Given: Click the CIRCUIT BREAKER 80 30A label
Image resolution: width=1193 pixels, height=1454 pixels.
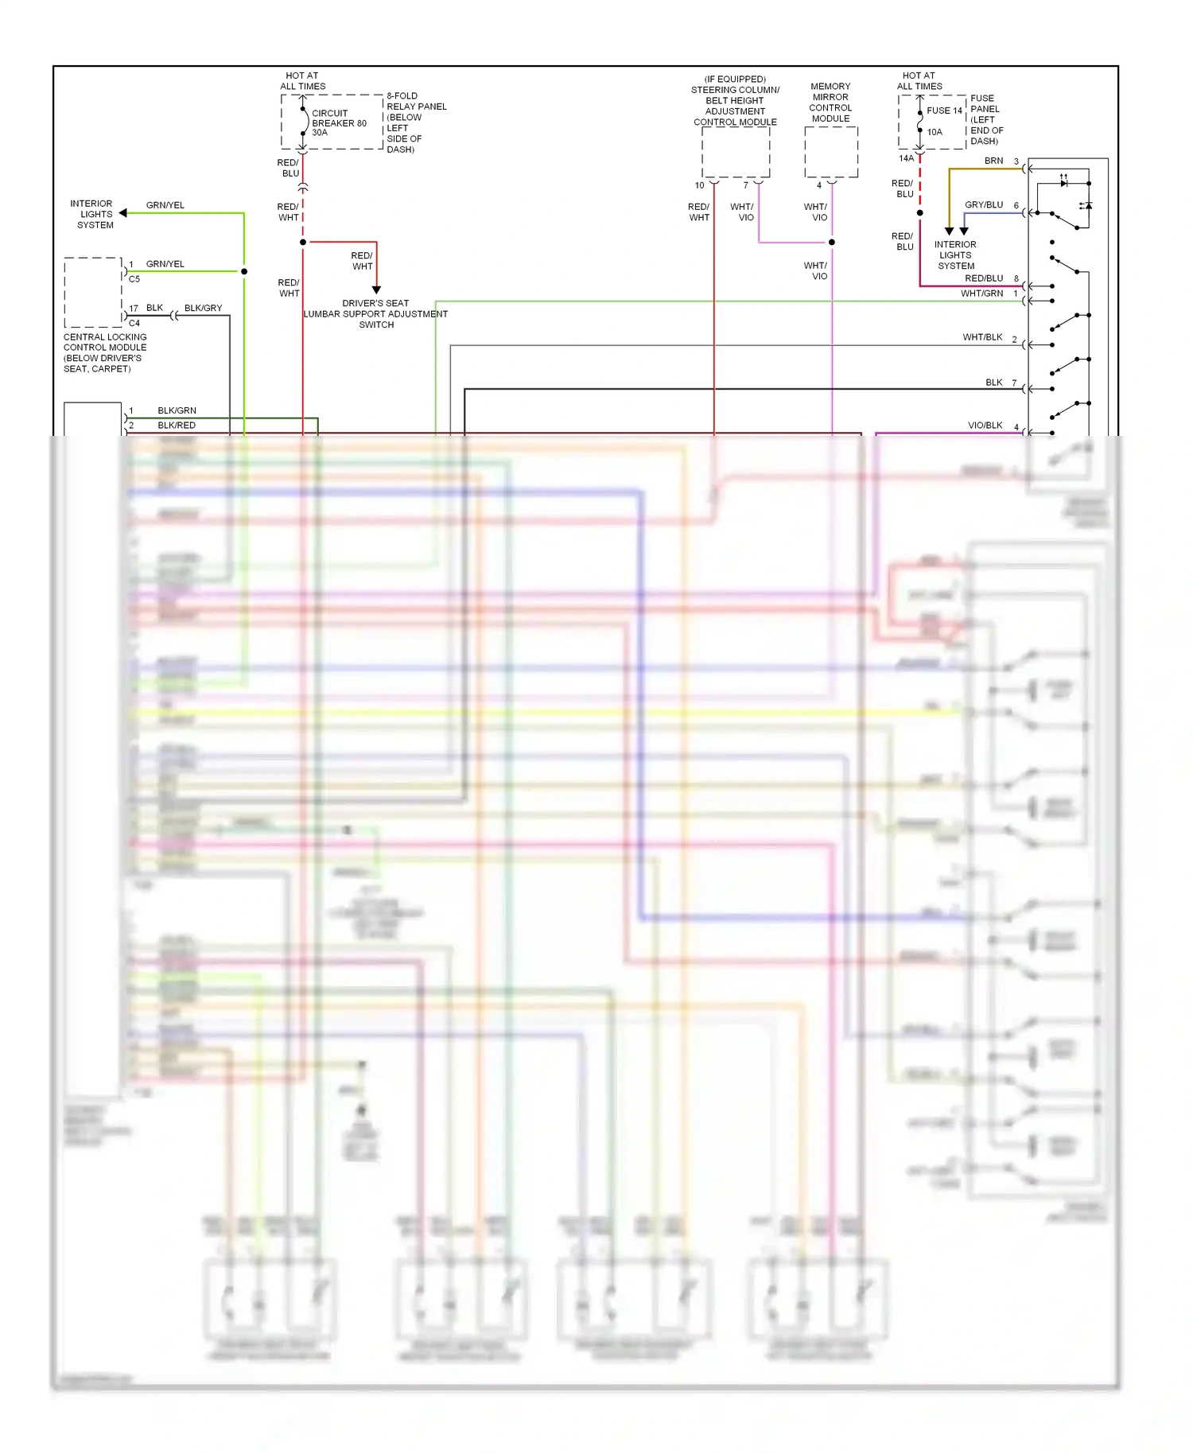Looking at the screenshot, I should click(x=338, y=123).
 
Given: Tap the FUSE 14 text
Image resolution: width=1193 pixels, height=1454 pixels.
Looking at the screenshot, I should click(x=944, y=111).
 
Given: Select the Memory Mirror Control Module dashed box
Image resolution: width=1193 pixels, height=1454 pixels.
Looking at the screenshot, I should click(x=831, y=152).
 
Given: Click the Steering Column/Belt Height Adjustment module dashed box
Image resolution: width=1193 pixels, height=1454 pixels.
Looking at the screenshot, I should click(x=736, y=152).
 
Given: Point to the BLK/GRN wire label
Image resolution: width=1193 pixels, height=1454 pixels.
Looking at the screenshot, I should click(x=177, y=410).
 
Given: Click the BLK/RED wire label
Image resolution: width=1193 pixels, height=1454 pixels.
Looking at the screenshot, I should click(x=177, y=426).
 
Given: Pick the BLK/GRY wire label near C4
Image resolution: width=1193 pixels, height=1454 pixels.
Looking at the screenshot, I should click(x=203, y=308).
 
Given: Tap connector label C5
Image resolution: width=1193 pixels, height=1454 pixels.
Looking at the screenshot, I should click(x=134, y=279).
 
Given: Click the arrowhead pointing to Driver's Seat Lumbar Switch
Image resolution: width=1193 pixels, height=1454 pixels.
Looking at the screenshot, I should click(x=376, y=290).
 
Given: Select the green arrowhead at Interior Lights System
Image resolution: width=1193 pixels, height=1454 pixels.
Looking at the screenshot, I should click(x=123, y=213).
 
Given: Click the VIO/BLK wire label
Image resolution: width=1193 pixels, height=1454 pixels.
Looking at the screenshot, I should click(x=985, y=426).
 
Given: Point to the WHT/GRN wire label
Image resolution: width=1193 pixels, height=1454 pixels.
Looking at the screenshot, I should click(x=981, y=294).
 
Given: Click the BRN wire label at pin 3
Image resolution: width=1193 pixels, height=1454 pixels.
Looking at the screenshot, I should click(x=993, y=161).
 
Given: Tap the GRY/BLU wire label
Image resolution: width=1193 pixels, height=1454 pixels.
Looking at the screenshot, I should click(x=984, y=205).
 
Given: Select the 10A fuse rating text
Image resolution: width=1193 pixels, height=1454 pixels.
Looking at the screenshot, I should click(x=935, y=132).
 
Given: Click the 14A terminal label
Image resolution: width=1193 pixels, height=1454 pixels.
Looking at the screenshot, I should click(x=906, y=158).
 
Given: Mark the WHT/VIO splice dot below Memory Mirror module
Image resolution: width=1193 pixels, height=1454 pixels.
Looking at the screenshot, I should click(x=832, y=242).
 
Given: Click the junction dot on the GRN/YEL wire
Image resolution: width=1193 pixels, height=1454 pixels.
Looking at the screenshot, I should click(x=244, y=271).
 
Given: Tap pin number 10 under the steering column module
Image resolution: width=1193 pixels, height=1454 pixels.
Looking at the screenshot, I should click(x=699, y=185).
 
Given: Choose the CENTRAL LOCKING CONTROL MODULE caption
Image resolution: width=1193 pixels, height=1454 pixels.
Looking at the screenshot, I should click(x=104, y=352).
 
